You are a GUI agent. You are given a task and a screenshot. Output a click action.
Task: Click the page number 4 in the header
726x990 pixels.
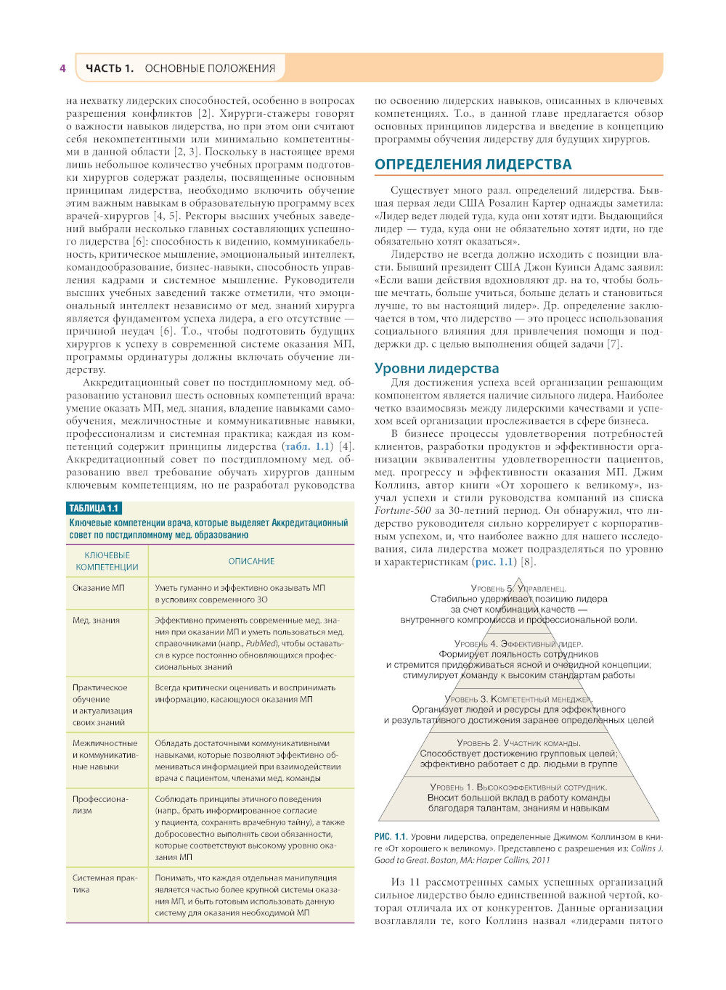coord(63,68)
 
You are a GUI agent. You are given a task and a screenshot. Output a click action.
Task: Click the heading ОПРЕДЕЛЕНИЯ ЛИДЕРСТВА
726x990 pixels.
coord(473,164)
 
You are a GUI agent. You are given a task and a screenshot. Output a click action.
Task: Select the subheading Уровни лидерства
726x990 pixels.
coord(436,368)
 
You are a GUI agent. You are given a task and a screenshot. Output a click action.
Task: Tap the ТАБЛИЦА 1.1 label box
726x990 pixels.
coord(94,508)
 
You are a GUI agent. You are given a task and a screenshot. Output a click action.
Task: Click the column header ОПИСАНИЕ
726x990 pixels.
coord(251,561)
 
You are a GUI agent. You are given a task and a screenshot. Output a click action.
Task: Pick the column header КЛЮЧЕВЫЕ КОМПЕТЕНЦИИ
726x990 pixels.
coord(107,561)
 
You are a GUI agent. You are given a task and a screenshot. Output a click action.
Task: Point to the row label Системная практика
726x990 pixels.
coord(105,883)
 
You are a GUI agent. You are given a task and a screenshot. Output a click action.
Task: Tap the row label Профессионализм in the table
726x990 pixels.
coord(100,805)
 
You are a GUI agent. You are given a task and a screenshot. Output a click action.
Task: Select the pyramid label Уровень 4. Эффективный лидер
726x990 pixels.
coord(518,644)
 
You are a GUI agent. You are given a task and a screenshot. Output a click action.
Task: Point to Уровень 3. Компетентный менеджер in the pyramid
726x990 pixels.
coord(518,699)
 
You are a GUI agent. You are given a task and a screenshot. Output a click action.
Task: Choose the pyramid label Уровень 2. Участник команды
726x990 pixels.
coord(518,743)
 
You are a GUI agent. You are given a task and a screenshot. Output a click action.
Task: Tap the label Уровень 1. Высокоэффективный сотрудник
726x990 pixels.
coord(518,787)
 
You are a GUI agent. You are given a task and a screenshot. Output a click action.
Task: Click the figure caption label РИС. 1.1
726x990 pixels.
coord(391,837)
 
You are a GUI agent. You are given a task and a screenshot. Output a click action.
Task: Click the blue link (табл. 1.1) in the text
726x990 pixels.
coord(307,446)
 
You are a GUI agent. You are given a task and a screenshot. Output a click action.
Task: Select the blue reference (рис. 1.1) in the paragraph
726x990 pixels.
coord(494,562)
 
